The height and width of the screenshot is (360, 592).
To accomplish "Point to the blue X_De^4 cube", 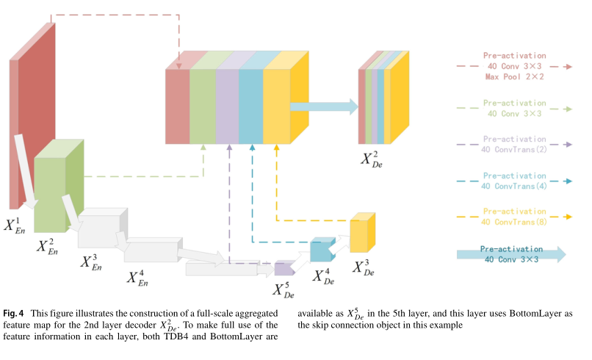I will pos(321,251).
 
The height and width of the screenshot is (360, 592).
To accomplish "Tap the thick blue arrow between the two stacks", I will pos(323,107).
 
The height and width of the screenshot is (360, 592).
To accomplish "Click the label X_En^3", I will pos(90,263).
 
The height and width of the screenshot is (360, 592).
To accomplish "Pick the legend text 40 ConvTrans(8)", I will pos(513,221).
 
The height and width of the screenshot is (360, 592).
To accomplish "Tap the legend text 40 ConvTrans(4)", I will pos(513,187).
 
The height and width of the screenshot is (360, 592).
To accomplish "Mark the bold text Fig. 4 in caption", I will pos(15,312).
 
